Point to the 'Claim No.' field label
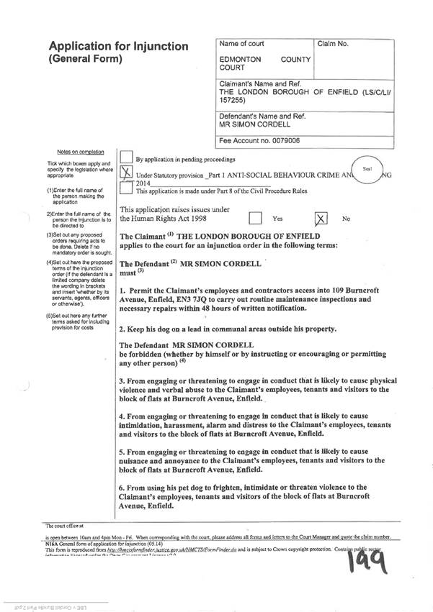333,45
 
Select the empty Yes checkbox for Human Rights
254,218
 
